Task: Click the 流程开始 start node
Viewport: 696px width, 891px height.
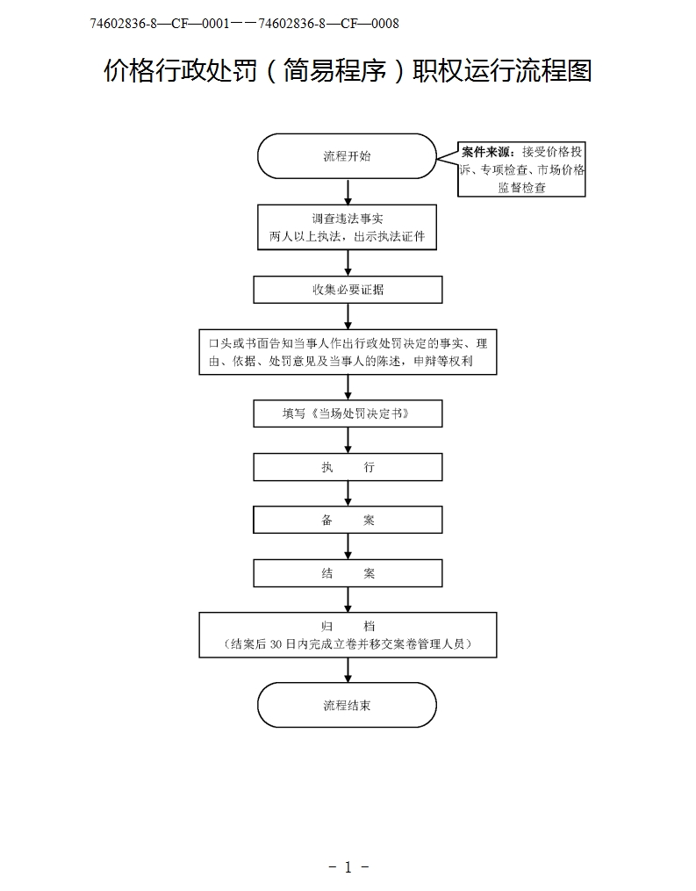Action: point(347,156)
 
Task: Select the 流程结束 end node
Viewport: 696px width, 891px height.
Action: point(347,705)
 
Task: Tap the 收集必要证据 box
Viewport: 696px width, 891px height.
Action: point(348,290)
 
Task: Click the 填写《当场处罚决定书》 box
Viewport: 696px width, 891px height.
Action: point(348,413)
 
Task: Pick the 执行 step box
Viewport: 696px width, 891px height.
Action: point(348,467)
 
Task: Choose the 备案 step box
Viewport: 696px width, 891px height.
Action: point(348,520)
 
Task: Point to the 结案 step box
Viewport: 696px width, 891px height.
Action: point(348,573)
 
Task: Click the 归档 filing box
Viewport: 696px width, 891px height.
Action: point(348,635)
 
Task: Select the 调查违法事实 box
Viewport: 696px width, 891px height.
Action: point(348,227)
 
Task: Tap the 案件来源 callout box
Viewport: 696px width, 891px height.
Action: point(522,169)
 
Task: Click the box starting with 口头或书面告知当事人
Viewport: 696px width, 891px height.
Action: point(348,352)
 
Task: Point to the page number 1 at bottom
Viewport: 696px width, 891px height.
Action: point(348,867)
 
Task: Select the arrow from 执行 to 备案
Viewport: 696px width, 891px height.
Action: point(348,493)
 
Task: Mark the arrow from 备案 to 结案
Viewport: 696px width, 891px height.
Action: point(348,546)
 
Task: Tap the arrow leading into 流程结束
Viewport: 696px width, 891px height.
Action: point(348,670)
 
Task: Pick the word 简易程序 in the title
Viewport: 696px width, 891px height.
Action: point(333,70)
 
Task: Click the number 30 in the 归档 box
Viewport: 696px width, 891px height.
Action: point(278,644)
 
